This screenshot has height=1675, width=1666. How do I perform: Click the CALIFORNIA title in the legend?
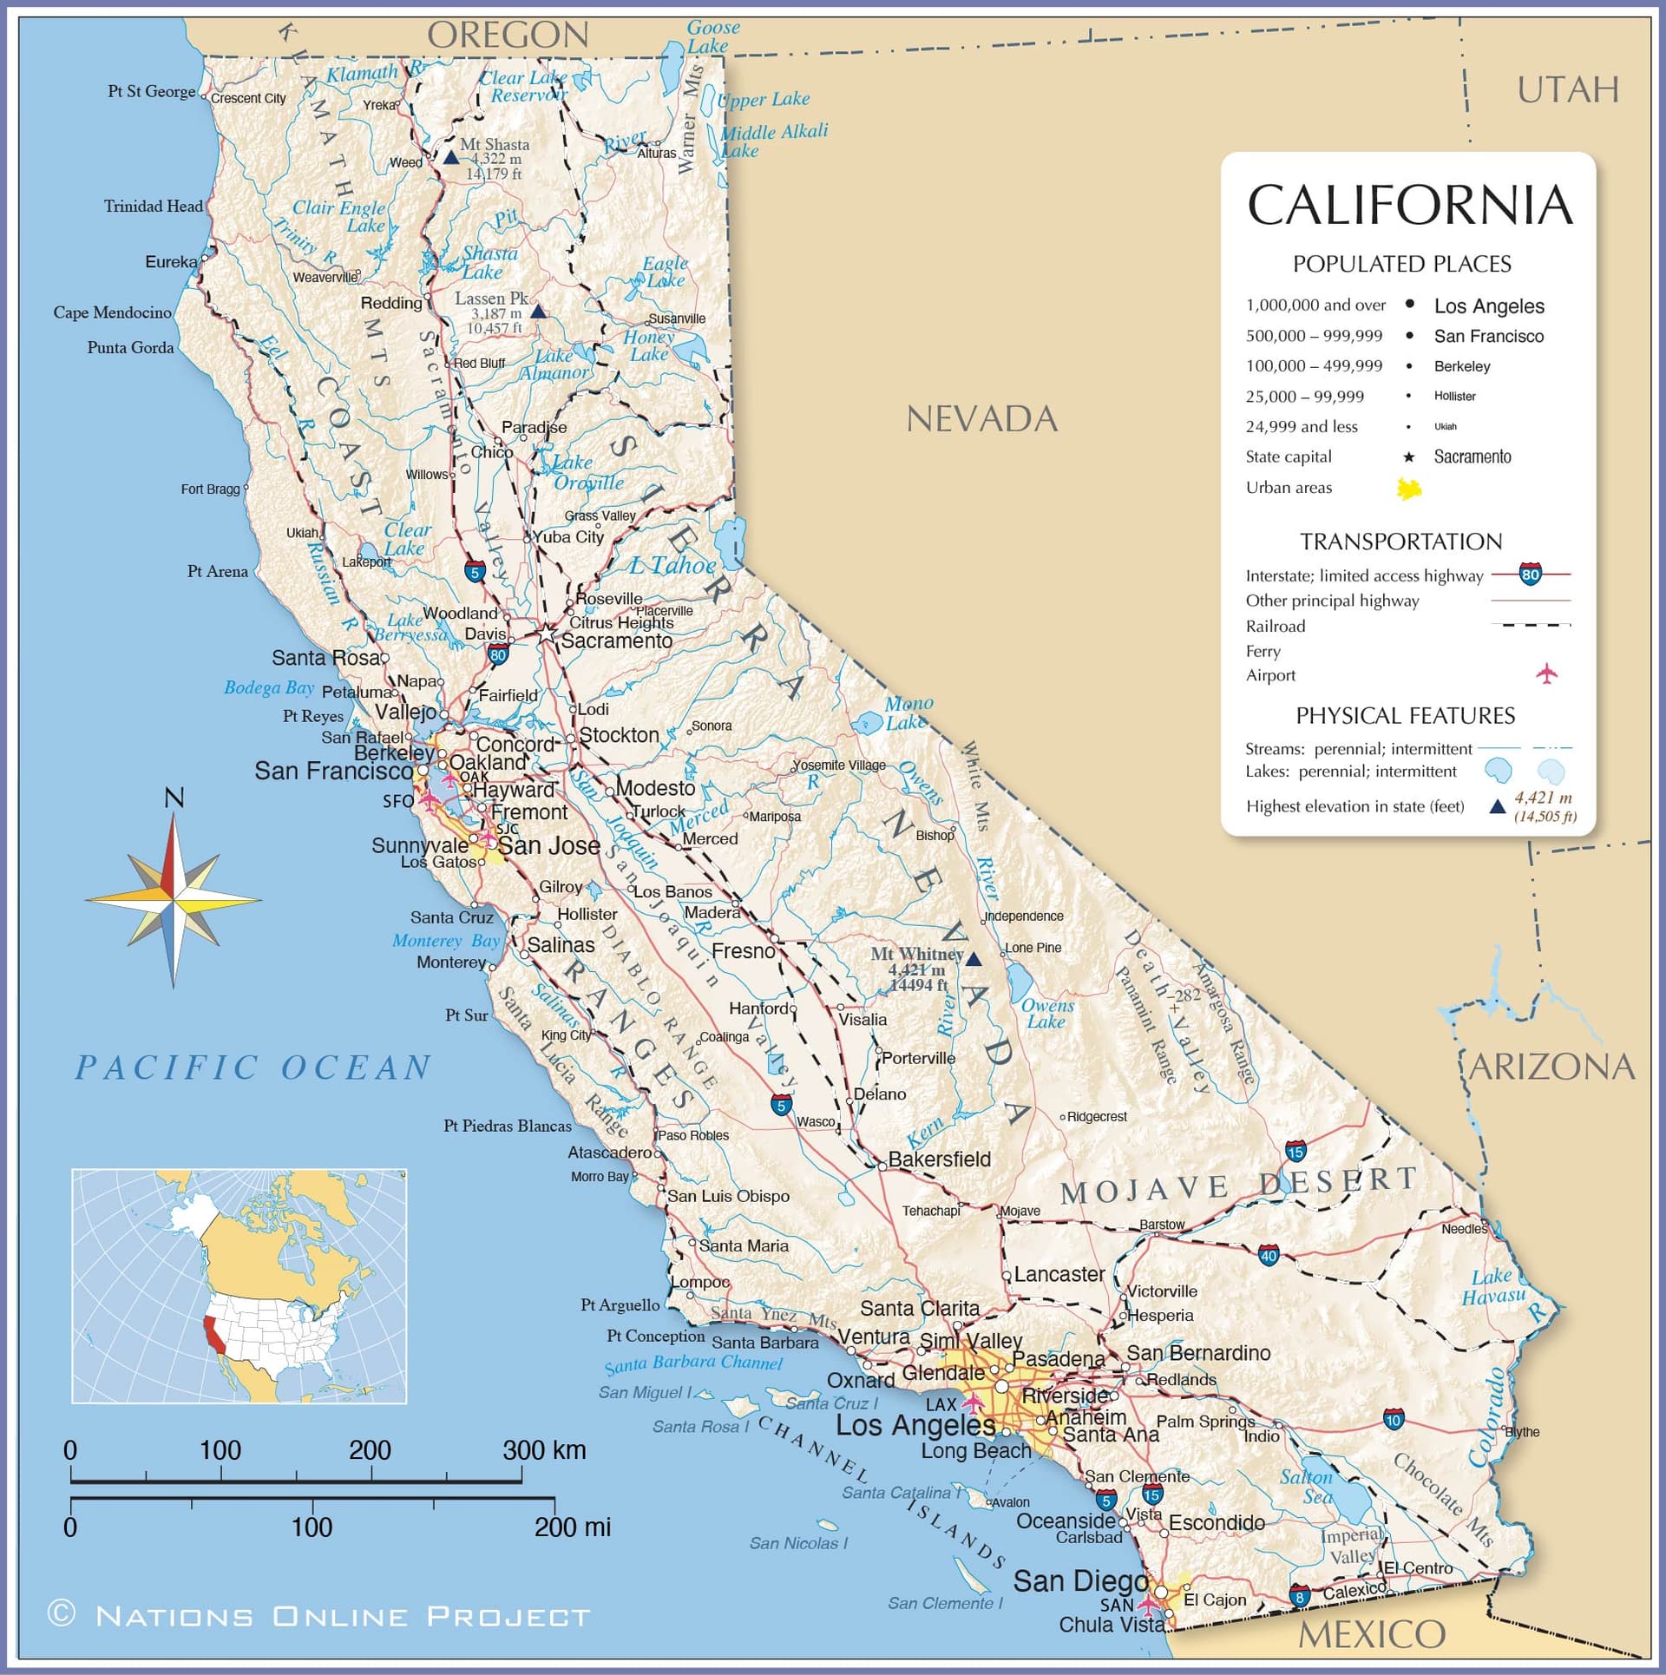[1409, 206]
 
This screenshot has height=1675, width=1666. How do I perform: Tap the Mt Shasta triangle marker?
[450, 158]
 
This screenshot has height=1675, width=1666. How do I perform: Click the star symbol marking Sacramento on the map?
[545, 635]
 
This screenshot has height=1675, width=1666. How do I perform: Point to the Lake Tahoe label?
[672, 566]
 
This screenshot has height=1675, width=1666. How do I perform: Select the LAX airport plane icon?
[973, 1402]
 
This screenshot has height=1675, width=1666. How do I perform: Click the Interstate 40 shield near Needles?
[1269, 1254]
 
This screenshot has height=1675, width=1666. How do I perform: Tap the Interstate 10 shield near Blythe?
[1394, 1420]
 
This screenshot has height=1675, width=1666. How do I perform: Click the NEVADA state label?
[981, 420]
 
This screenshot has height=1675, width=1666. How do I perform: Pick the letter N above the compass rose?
[174, 798]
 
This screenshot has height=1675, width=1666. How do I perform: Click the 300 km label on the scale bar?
[544, 1450]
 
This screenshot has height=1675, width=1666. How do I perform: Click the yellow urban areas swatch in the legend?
[1409, 489]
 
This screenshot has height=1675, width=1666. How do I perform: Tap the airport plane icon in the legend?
[1546, 673]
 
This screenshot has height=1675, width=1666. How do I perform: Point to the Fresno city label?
[743, 951]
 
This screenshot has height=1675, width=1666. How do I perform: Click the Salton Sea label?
[1307, 1487]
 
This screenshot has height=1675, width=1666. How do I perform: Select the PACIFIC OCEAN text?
[253, 1067]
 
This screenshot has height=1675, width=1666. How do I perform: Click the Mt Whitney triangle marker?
[974, 959]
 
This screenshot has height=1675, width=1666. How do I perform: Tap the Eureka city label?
[170, 261]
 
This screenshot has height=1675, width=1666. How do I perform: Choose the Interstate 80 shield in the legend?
[1531, 575]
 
